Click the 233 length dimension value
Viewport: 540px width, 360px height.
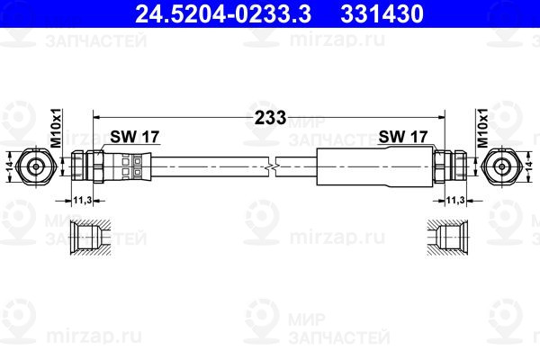coord(269,117)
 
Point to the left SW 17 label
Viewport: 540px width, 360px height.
coord(135,137)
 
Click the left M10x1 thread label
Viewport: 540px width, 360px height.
coord(55,129)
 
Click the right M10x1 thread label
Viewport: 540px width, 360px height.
coord(483,129)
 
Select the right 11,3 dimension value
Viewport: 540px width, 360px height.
coord(456,200)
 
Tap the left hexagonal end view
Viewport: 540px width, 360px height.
coord(36,166)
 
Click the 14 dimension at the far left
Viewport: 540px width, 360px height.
coord(7,166)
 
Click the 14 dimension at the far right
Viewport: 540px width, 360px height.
coord(531,166)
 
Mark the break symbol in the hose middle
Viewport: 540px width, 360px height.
coord(273,166)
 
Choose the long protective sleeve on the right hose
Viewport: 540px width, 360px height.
coord(371,166)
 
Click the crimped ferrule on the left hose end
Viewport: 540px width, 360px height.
coord(131,166)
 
